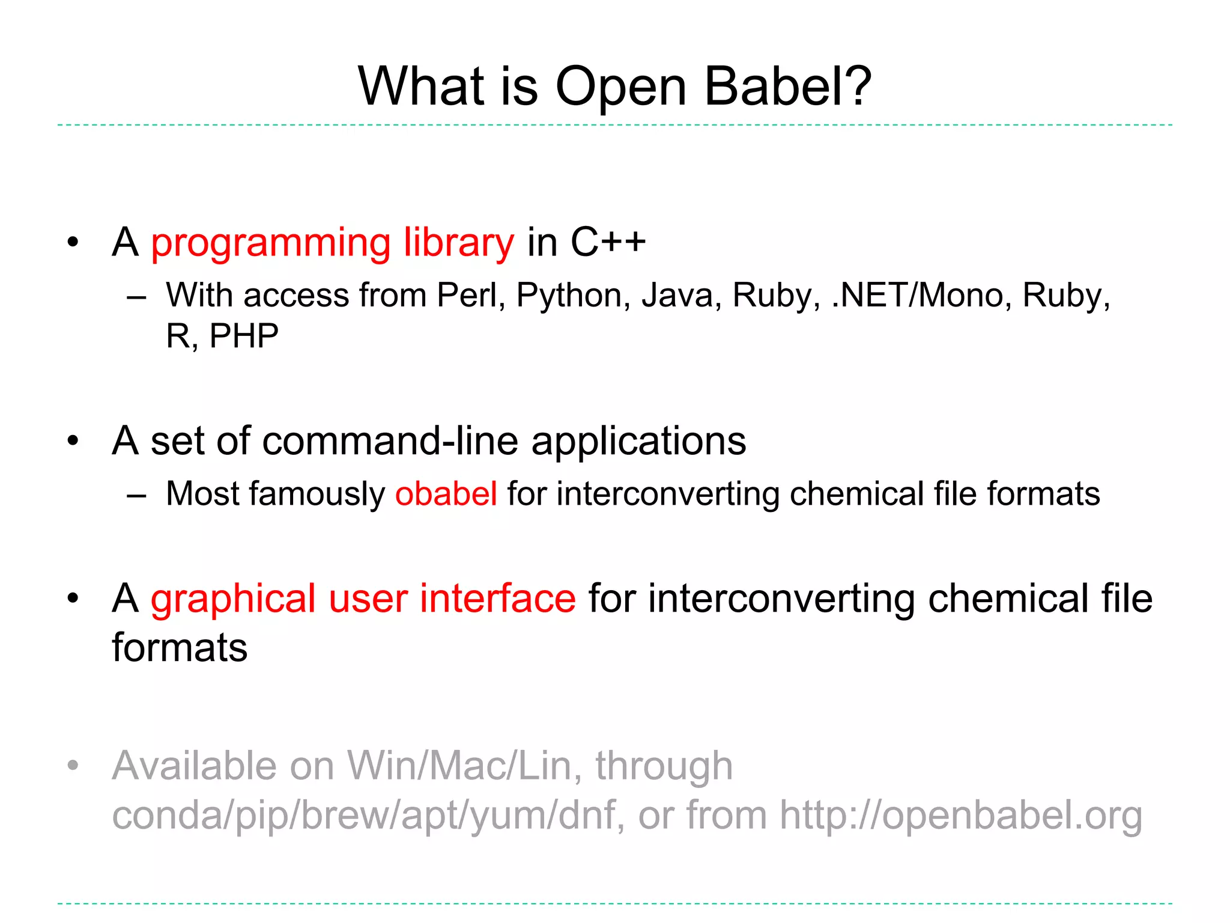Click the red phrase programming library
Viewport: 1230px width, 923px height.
coord(332,243)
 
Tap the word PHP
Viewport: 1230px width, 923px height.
coord(244,336)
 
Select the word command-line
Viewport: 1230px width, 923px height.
coord(390,441)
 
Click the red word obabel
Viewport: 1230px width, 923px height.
coord(446,494)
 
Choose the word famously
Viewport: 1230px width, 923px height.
coord(317,495)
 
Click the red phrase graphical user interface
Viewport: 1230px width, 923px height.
coord(363,600)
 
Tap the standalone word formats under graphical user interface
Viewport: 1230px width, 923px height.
coord(180,648)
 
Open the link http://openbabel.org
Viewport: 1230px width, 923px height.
coord(960,816)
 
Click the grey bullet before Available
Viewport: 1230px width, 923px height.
coord(73,766)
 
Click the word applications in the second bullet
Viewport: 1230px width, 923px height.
coord(638,442)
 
